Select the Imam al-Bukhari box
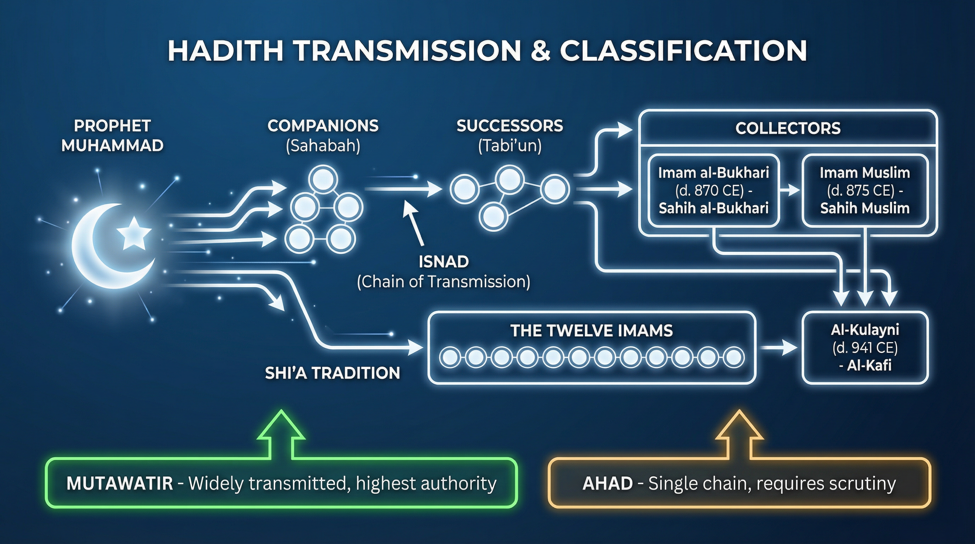pos(714,191)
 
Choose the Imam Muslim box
pos(865,191)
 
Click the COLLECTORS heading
pos(788,128)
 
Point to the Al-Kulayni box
pos(865,348)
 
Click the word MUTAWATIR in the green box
pos(120,483)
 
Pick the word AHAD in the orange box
pos(608,483)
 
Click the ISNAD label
pos(444,262)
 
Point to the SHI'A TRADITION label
pos(332,373)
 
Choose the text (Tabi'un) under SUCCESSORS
pos(509,146)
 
